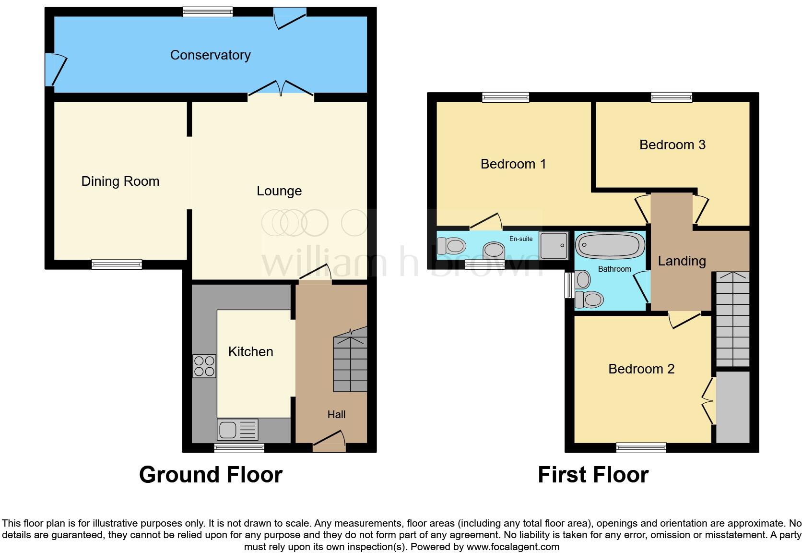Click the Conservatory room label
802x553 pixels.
pos(210,55)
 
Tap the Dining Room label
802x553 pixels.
pos(120,181)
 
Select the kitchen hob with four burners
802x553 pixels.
pos(204,366)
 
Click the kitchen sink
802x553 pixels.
pos(238,429)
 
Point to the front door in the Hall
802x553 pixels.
pos(329,442)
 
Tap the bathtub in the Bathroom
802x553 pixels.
pos(610,246)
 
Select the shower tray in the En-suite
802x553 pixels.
pos(554,245)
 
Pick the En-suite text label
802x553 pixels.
pos(521,239)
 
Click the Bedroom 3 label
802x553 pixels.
pos(672,145)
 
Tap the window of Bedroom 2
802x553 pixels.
pos(641,448)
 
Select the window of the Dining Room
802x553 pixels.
pos(117,264)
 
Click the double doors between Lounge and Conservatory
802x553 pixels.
pos(281,91)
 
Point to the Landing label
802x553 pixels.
pos(682,261)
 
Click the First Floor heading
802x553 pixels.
pos(593,475)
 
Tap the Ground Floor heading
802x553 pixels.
pos(211,475)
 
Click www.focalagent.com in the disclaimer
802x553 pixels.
pos(512,547)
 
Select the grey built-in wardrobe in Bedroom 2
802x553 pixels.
pos(732,407)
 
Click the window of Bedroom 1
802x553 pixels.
pos(506,97)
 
